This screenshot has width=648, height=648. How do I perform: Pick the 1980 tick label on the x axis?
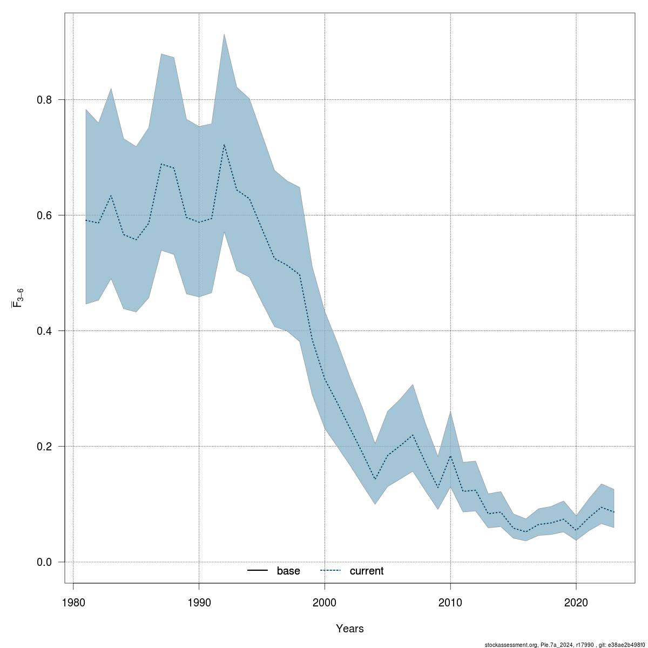point(73,602)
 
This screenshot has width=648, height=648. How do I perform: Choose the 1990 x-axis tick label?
point(199,602)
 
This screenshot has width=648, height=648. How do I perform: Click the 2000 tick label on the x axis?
point(325,602)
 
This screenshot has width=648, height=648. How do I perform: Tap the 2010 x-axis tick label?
point(450,602)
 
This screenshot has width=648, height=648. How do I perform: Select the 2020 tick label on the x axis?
point(576,602)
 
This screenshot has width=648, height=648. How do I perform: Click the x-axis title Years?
point(350,629)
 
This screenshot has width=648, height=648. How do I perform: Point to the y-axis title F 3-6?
point(18,298)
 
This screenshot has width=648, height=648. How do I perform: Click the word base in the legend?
point(288,571)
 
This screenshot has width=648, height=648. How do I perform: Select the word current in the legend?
point(367,571)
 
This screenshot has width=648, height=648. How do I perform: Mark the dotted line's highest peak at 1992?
point(224,144)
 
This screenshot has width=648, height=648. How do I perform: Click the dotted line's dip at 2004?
point(375,479)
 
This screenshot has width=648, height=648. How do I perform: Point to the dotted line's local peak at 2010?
point(450,456)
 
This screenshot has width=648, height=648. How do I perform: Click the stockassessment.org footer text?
point(564,644)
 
